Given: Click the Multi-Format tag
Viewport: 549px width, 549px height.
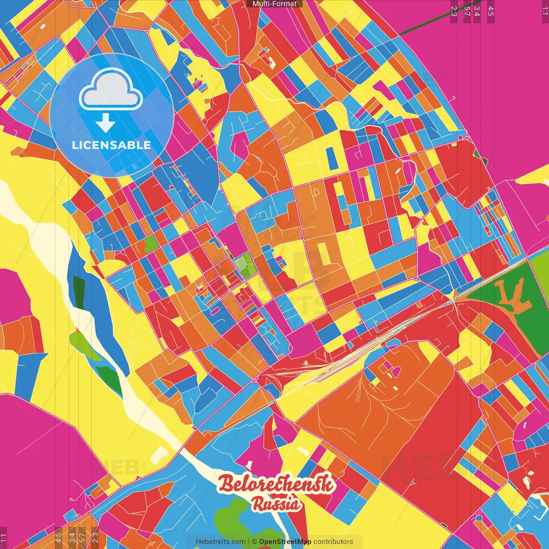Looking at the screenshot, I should coord(274,4).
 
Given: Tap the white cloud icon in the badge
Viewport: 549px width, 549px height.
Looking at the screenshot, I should coord(111,90).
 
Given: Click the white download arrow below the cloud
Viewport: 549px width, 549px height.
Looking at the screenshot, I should coord(106,124).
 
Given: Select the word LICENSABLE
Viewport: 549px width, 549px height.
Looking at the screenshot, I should coord(112,145).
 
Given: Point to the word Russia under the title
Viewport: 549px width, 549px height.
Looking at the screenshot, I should coord(276,504).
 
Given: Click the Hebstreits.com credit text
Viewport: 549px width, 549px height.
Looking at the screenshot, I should coord(220,542).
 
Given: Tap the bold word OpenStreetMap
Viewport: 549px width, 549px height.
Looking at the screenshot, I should coord(285,542).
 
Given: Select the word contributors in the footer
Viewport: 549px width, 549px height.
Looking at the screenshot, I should coord(333,542).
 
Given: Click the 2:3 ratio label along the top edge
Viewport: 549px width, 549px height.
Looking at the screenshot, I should coord(454,11).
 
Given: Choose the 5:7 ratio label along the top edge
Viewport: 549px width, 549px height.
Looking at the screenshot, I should coord(467,11).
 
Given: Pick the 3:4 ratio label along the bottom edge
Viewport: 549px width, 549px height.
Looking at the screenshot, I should coord(72,538).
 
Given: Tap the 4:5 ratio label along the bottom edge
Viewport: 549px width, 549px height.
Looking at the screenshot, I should coord(58,538).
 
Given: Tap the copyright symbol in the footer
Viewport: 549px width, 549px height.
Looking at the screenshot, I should coord(254,542).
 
